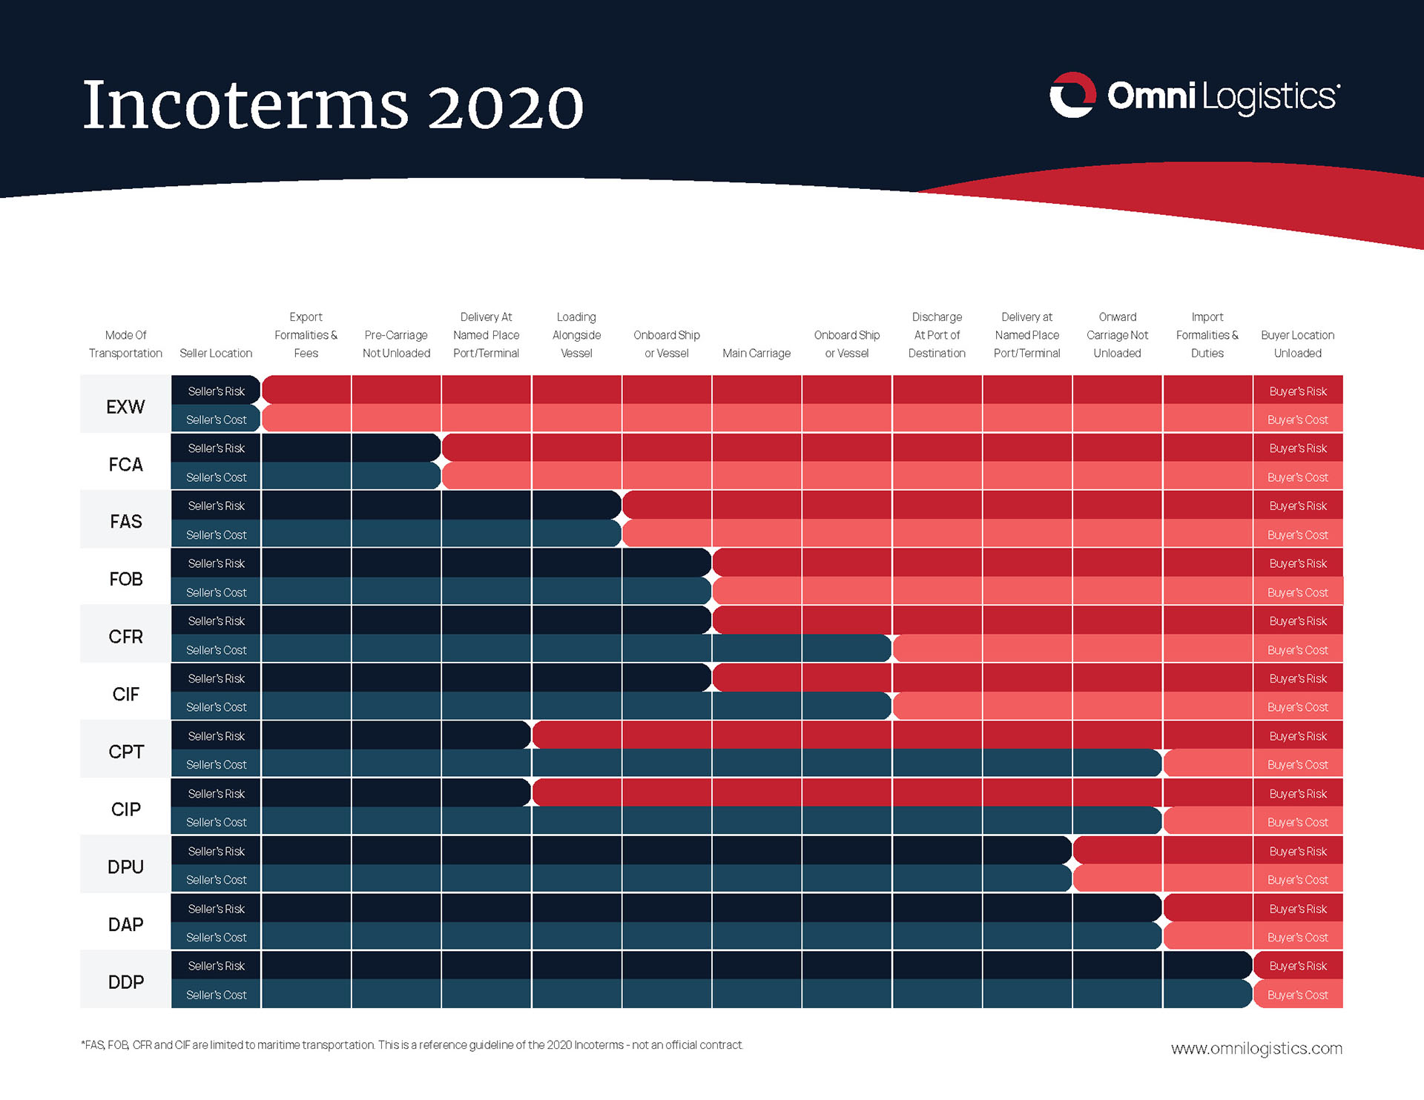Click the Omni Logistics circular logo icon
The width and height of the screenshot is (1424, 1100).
[x=1072, y=95]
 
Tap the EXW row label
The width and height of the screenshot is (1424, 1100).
[x=125, y=406]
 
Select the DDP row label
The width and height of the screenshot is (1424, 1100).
[x=125, y=981]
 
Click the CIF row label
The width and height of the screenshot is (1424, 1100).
[x=125, y=694]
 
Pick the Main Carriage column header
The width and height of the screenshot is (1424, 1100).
[x=756, y=353]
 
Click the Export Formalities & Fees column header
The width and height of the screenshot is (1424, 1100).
[x=306, y=335]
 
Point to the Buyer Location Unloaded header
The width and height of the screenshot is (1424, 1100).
[x=1297, y=344]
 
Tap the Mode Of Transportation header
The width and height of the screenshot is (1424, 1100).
[x=125, y=344]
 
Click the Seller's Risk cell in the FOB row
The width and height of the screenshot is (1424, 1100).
[x=216, y=563]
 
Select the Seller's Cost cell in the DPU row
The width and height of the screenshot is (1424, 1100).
[x=216, y=880]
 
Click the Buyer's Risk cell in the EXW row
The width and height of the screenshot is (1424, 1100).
[x=1297, y=391]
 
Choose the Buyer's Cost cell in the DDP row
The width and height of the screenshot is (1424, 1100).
[x=1297, y=995]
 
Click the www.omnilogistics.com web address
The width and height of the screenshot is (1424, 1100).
[x=1256, y=1048]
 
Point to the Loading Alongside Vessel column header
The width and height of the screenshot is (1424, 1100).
[x=576, y=335]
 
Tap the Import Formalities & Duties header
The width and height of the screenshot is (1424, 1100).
[x=1207, y=335]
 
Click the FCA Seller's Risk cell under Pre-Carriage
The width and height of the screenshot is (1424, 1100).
[x=396, y=448]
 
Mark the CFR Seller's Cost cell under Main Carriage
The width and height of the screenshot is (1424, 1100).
[x=756, y=649]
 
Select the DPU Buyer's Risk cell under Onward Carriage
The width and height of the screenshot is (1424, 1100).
[x=1118, y=850]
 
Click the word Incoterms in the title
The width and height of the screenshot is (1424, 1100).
[x=245, y=105]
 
